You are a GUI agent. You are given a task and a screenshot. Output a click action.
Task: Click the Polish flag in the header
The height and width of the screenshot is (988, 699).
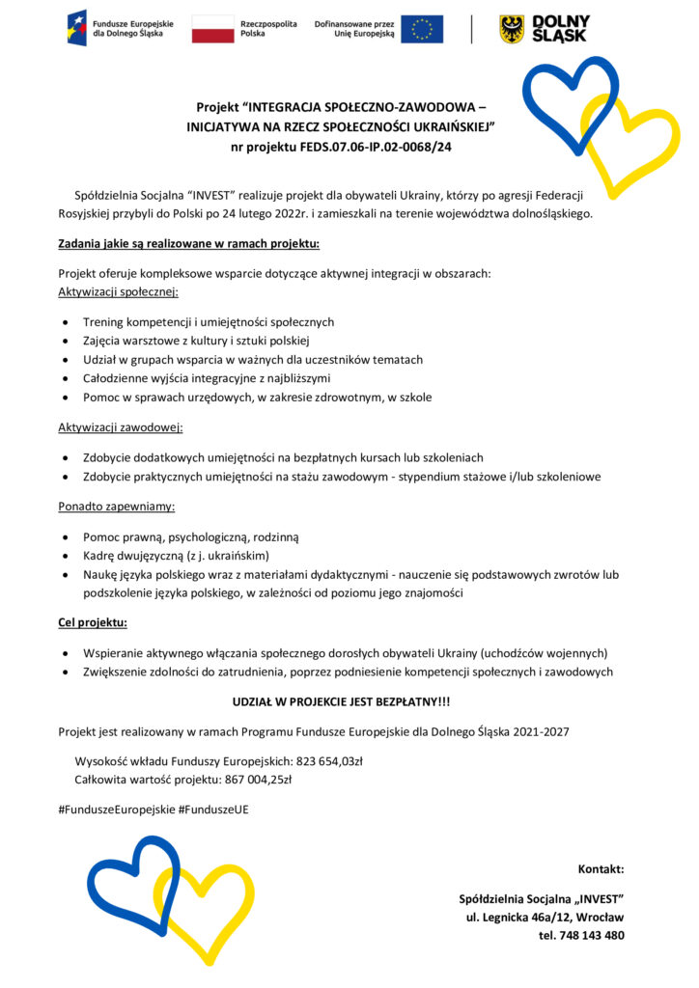pos(212,29)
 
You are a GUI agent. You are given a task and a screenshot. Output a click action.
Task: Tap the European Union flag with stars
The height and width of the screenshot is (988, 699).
pos(422,29)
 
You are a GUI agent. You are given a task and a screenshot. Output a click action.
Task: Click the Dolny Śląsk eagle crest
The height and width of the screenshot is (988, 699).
pos(512,29)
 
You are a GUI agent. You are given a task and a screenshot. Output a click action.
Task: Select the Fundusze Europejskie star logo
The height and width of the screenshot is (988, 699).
pos(76,28)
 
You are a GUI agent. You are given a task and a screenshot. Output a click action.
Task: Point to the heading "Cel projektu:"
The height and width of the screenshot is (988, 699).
pos(93,622)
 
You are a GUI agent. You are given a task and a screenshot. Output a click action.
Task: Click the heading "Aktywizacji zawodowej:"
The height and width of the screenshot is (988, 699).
pos(121,426)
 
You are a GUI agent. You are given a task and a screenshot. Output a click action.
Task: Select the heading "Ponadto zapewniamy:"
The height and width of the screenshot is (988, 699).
pos(116,506)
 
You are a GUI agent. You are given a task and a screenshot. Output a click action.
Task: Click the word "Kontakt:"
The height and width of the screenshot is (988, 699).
pos(601,868)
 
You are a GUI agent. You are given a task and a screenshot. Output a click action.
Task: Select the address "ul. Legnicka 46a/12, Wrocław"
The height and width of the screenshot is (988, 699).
pos(545,917)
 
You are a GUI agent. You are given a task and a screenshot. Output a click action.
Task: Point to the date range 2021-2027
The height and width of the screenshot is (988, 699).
pos(537,732)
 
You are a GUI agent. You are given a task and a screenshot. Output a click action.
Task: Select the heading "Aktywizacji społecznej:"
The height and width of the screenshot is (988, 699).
pos(119,291)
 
